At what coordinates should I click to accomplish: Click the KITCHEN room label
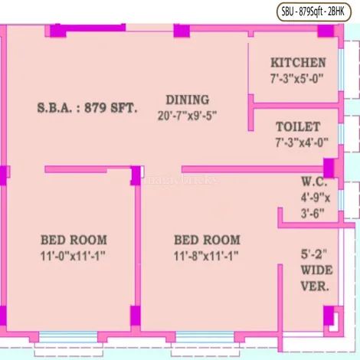(x=298, y=63)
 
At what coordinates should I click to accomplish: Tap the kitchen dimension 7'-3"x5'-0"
(x=297, y=78)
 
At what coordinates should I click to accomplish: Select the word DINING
(x=188, y=100)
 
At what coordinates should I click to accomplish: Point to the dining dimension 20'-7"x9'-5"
(x=187, y=116)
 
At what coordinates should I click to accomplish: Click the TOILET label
(x=298, y=127)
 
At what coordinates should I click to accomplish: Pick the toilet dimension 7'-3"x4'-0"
(x=302, y=142)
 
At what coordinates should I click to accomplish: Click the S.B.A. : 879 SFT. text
(x=87, y=108)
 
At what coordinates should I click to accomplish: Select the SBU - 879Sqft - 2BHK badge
(x=314, y=11)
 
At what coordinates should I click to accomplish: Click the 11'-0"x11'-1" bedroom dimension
(x=73, y=256)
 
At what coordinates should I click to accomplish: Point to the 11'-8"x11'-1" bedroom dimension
(x=206, y=256)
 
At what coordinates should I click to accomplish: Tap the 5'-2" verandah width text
(x=314, y=254)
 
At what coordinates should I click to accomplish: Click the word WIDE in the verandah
(x=316, y=270)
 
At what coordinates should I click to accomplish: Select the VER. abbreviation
(x=315, y=286)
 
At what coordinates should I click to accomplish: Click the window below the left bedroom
(x=68, y=337)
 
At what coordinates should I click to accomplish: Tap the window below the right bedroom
(x=205, y=337)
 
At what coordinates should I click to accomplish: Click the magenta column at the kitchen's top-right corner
(x=326, y=31)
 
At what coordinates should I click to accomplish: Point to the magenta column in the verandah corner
(x=329, y=316)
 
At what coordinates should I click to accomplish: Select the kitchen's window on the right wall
(x=341, y=70)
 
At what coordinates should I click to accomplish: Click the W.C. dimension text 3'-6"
(x=313, y=213)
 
